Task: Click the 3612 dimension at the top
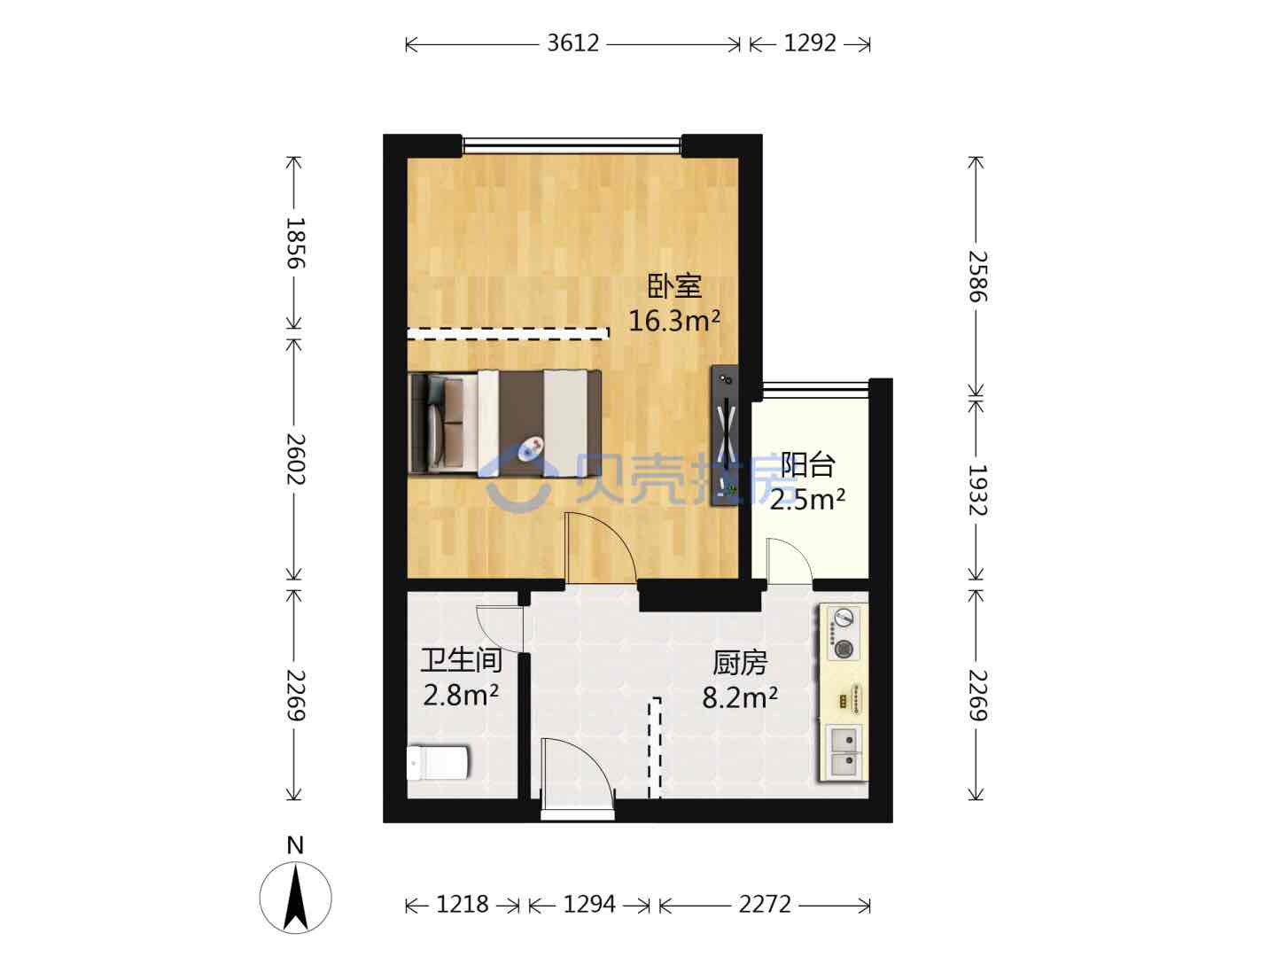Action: [x=572, y=43]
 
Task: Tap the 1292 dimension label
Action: [x=810, y=43]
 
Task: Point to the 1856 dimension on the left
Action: [x=295, y=243]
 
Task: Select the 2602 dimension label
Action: [x=295, y=458]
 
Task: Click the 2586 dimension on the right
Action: [x=977, y=276]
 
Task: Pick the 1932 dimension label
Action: [x=977, y=490]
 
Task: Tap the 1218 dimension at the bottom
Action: [x=463, y=904]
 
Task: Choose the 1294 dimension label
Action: [x=589, y=904]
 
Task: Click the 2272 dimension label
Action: [x=765, y=904]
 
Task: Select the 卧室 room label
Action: [x=674, y=286]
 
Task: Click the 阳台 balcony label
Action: [x=807, y=465]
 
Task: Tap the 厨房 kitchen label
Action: [x=739, y=663]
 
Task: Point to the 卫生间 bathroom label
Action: [x=461, y=661]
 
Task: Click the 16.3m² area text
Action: [x=674, y=320]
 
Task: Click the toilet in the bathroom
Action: [x=438, y=763]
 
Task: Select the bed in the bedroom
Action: [x=504, y=423]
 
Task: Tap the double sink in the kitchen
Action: [x=844, y=751]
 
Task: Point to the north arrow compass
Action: [x=295, y=898]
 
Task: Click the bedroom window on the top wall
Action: [x=572, y=145]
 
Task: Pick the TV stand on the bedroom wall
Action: [x=726, y=434]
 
